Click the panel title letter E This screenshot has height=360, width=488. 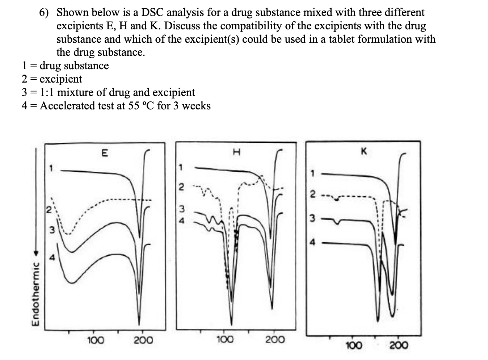coord(104,153)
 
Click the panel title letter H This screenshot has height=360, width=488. coord(236,152)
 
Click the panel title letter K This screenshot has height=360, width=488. coord(363,152)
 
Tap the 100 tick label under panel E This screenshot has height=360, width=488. coord(96,340)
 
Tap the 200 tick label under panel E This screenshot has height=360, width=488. coord(143,340)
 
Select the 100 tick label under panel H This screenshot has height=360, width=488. coord(225,340)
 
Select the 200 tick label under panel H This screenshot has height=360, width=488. coord(275,340)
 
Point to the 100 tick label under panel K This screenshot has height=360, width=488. coord(353,345)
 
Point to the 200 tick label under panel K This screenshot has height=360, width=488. coord(399,345)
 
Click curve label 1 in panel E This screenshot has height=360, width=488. coord(51,168)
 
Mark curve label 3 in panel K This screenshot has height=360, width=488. coord(312,218)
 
